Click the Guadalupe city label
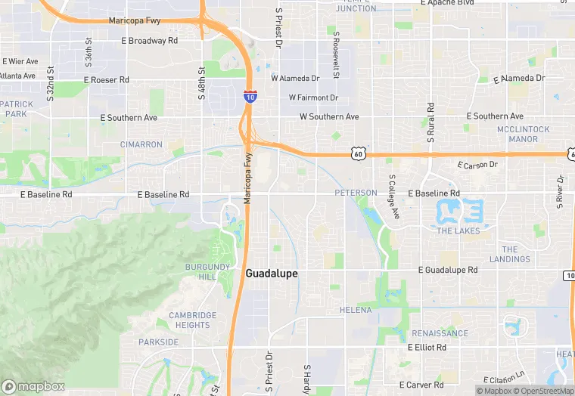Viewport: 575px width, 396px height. click(x=272, y=274)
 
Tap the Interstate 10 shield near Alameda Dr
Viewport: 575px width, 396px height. click(x=250, y=96)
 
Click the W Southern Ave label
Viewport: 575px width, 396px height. click(x=329, y=117)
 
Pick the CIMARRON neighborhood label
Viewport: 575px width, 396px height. click(x=141, y=144)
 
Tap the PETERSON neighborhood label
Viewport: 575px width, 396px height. click(x=356, y=193)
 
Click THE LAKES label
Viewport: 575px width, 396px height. click(x=458, y=231)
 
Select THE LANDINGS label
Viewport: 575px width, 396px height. click(x=510, y=254)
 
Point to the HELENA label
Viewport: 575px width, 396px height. click(x=356, y=310)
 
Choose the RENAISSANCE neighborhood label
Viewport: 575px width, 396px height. click(x=440, y=333)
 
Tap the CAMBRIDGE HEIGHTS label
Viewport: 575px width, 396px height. click(x=192, y=320)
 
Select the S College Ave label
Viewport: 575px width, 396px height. click(x=393, y=197)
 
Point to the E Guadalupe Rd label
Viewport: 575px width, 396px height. click(x=449, y=270)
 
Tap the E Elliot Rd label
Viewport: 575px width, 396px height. click(x=427, y=348)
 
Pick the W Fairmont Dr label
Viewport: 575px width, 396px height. click(x=313, y=97)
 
